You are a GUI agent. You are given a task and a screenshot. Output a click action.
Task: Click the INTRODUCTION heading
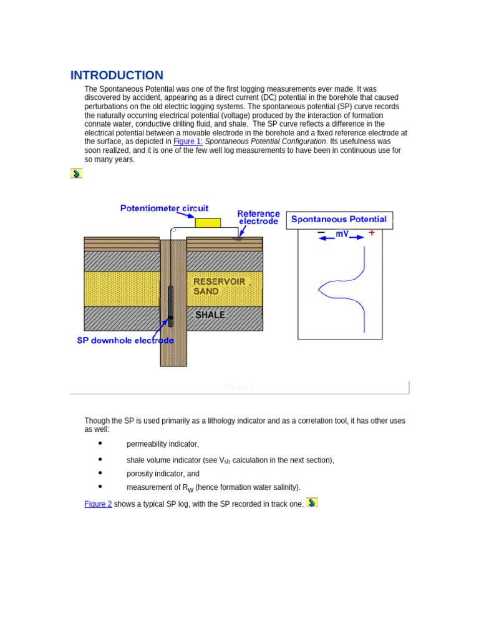pyautogui.click(x=117, y=76)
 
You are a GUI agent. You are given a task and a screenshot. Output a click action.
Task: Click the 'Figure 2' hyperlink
pyautogui.click(x=98, y=504)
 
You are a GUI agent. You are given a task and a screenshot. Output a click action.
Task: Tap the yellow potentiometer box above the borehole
pyautogui.click(x=208, y=223)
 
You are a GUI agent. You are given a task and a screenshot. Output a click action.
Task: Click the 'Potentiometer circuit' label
pyautogui.click(x=165, y=208)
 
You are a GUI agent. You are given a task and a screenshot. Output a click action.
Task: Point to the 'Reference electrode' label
pyautogui.click(x=258, y=217)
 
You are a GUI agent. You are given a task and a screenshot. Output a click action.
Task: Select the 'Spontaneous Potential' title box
pyautogui.click(x=339, y=220)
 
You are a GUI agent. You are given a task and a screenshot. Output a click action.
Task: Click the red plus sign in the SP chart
pyautogui.click(x=372, y=233)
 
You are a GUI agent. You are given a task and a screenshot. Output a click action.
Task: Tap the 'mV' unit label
pyautogui.click(x=342, y=234)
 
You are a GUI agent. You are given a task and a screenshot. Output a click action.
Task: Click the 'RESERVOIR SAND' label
pyautogui.click(x=219, y=286)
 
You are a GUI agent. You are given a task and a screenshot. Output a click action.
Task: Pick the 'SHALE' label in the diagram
pyautogui.click(x=210, y=315)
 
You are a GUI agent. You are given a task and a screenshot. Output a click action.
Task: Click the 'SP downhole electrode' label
pyautogui.click(x=125, y=341)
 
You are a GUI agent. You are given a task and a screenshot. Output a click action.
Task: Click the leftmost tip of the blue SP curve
pyautogui.click(x=319, y=288)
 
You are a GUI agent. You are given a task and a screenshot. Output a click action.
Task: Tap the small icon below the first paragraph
pyautogui.click(x=76, y=173)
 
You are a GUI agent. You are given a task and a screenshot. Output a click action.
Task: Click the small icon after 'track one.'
pyautogui.click(x=312, y=502)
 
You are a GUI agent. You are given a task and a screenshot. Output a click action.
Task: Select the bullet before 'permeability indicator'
pyautogui.click(x=100, y=443)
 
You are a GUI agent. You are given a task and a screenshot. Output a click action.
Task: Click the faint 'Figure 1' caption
pyautogui.click(x=239, y=387)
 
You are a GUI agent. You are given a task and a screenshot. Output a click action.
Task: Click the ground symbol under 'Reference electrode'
pyautogui.click(x=237, y=238)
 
